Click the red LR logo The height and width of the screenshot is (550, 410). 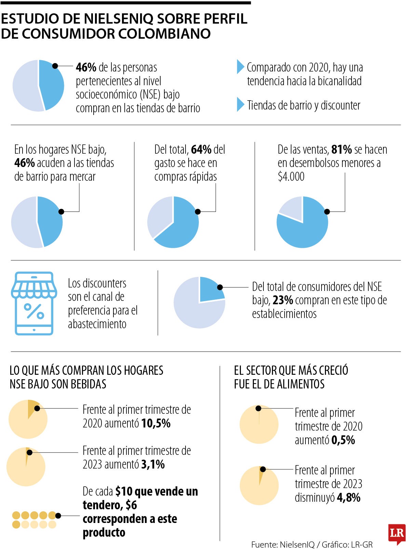[x=397, y=533]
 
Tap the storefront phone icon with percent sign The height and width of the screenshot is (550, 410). [x=34, y=303]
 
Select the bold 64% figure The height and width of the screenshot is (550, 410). [x=201, y=150]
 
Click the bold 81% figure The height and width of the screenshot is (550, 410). [x=341, y=150]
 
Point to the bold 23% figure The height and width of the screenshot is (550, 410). [x=283, y=300]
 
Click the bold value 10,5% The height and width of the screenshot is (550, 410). [x=156, y=423]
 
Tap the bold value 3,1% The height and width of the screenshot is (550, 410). [x=153, y=464]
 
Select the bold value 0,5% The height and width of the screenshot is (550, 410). [x=343, y=440]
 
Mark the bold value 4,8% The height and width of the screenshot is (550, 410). [x=348, y=497]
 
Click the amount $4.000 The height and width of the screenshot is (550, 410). [x=291, y=177]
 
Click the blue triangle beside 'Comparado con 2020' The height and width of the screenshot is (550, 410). [x=240, y=67]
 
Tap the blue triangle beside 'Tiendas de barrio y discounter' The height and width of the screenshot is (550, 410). [x=240, y=104]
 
